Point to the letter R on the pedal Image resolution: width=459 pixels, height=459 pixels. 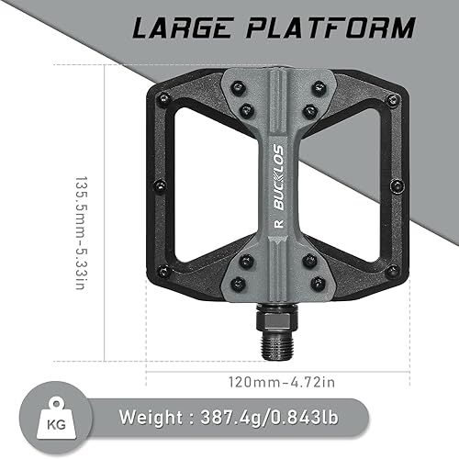(277, 221)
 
